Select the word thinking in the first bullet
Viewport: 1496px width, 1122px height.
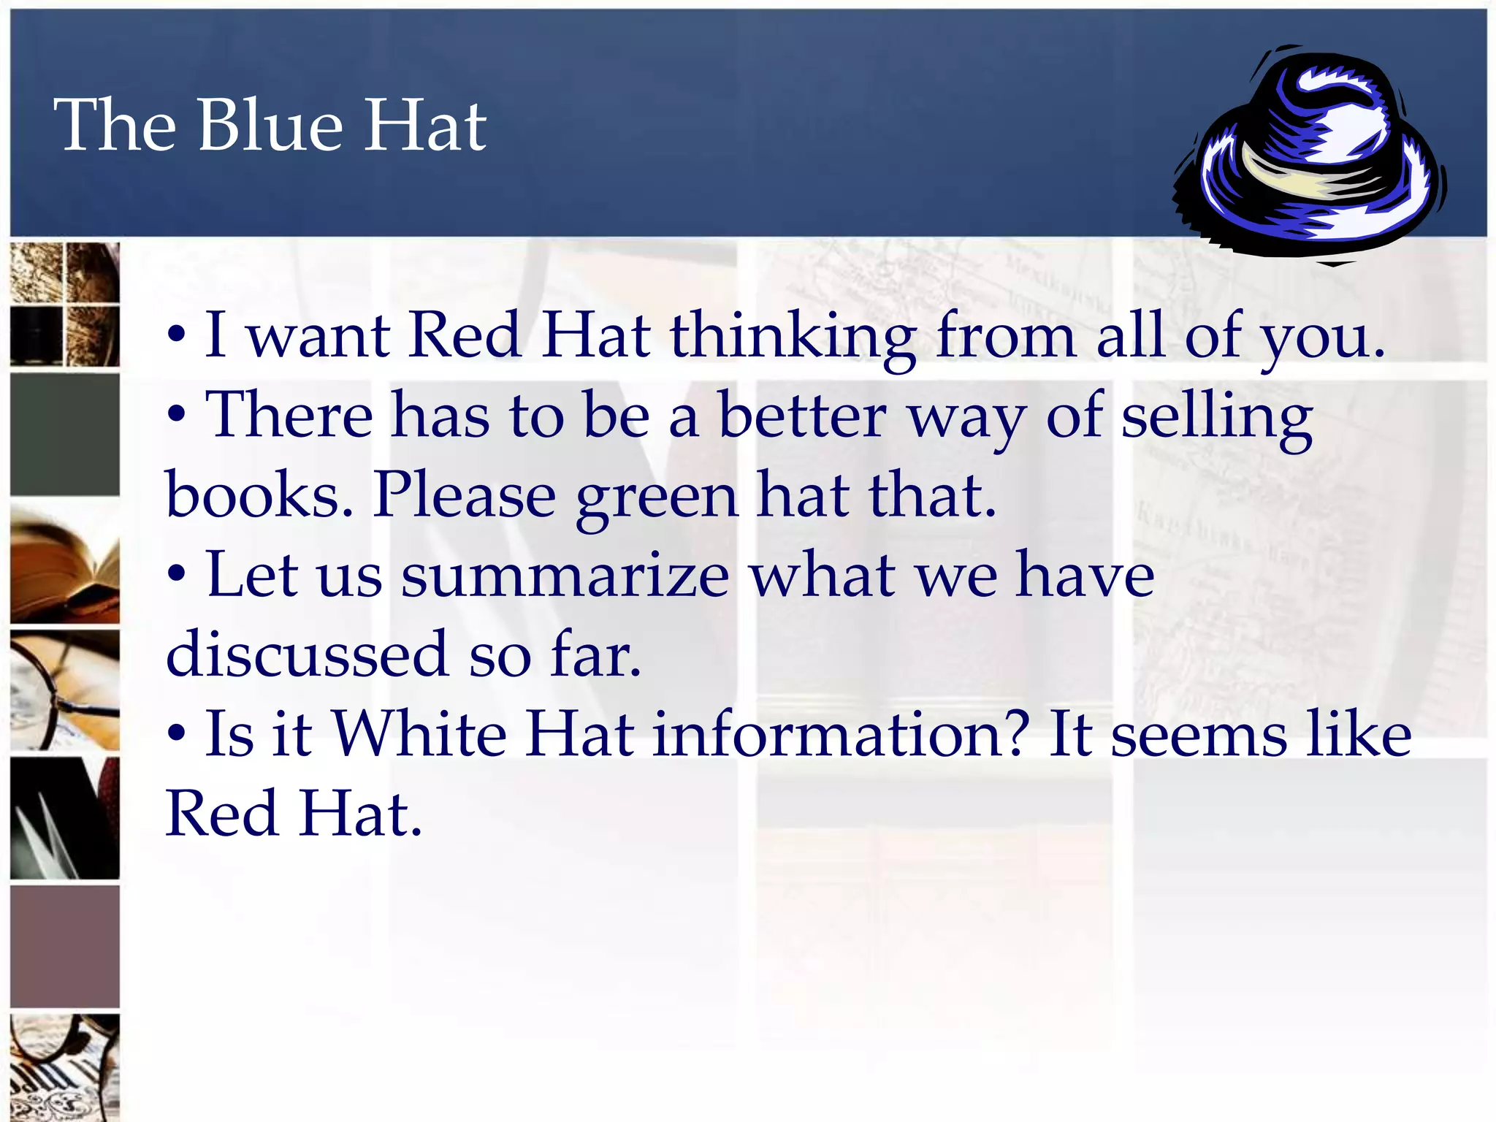(793, 337)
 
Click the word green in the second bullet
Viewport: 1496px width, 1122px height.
(657, 497)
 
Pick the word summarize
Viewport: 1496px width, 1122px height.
(565, 576)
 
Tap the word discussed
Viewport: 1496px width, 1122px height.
(307, 654)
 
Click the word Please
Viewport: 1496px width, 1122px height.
(465, 497)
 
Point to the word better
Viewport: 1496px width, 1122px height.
(802, 416)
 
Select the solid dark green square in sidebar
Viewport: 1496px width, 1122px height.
(65, 435)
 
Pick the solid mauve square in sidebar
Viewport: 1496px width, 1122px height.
(65, 947)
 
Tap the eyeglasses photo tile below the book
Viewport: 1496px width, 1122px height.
(65, 691)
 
